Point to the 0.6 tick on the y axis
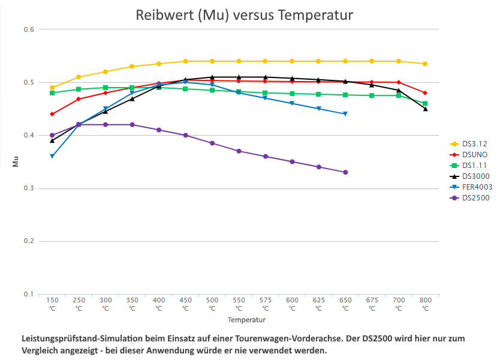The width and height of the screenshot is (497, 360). click(x=28, y=29)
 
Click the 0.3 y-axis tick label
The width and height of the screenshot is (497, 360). click(x=28, y=188)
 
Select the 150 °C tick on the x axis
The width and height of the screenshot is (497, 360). click(x=52, y=304)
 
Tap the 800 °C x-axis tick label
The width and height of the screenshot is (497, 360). click(x=425, y=304)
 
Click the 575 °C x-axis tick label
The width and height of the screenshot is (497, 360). click(x=265, y=304)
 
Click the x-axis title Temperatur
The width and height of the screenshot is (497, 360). click(x=246, y=320)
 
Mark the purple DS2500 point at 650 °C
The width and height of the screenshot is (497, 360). click(x=345, y=172)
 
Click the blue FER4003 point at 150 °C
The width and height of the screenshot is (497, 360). click(x=52, y=156)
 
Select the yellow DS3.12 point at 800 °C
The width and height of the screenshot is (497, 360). click(x=425, y=64)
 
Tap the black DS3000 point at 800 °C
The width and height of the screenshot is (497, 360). click(x=425, y=109)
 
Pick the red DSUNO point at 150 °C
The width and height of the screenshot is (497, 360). click(x=52, y=114)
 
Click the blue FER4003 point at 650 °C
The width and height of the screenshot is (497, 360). click(x=345, y=114)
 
